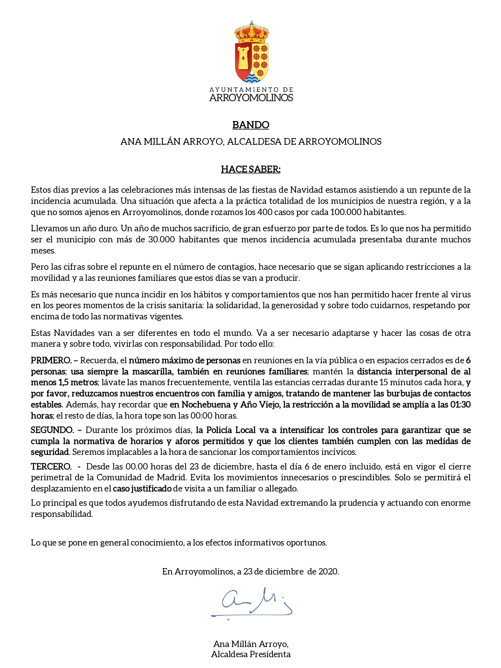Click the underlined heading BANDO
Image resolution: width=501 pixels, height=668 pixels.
[x=251, y=125]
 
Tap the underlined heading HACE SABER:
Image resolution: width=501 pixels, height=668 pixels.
[x=251, y=169]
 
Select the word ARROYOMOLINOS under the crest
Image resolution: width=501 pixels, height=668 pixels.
[x=251, y=98]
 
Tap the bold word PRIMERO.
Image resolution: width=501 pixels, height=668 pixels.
[x=51, y=360]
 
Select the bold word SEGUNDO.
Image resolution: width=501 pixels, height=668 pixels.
[x=52, y=430]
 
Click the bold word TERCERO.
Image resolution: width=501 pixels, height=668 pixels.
[x=51, y=467]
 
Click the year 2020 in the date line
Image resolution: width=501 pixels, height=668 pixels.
[x=328, y=572]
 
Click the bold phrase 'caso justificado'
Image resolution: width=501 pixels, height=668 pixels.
[x=142, y=489]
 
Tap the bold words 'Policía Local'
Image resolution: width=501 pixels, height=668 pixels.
[x=231, y=430]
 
